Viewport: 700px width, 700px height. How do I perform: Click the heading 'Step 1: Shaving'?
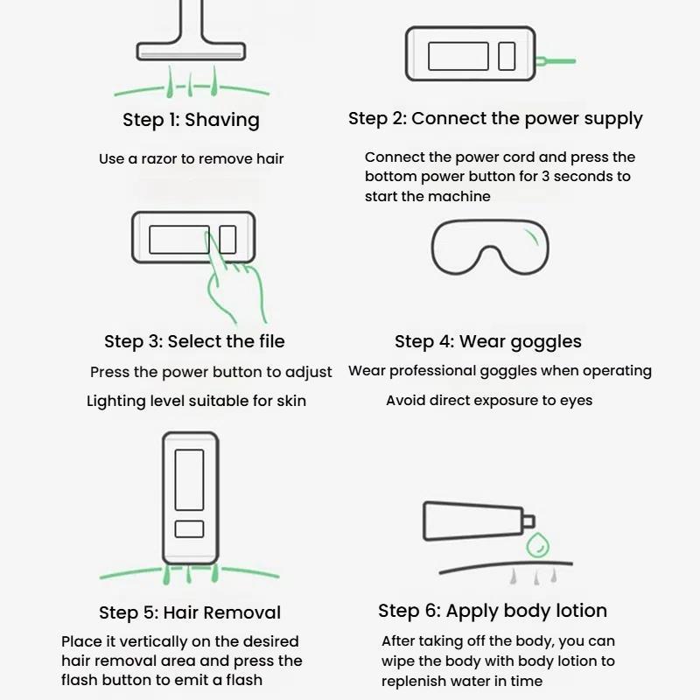click(x=191, y=120)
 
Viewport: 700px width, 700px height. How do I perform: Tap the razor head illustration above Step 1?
click(x=191, y=51)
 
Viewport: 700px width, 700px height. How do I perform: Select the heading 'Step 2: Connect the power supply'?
click(x=495, y=119)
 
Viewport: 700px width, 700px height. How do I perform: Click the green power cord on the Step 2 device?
click(x=556, y=60)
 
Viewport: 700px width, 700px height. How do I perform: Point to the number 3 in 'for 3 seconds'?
click(x=545, y=177)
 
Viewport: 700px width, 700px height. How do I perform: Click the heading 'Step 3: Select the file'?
click(x=194, y=341)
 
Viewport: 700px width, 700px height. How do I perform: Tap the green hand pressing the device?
click(x=234, y=276)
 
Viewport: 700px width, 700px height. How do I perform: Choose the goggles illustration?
click(x=490, y=247)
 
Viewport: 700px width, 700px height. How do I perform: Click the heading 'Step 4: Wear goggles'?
click(x=488, y=342)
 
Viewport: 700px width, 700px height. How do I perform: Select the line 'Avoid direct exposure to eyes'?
click(x=489, y=401)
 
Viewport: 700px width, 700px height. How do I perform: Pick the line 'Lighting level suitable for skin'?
click(x=196, y=401)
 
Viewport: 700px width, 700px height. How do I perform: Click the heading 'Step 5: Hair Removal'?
click(x=190, y=612)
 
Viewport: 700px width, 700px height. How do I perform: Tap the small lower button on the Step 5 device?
click(x=189, y=529)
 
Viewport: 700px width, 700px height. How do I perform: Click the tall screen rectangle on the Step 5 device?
click(x=189, y=479)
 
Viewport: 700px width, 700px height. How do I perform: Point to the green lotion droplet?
click(x=537, y=545)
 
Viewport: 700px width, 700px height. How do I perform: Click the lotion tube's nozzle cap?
click(x=528, y=521)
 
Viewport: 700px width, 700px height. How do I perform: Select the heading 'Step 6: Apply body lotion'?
click(x=493, y=611)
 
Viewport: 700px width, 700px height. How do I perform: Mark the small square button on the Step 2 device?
click(x=507, y=56)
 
